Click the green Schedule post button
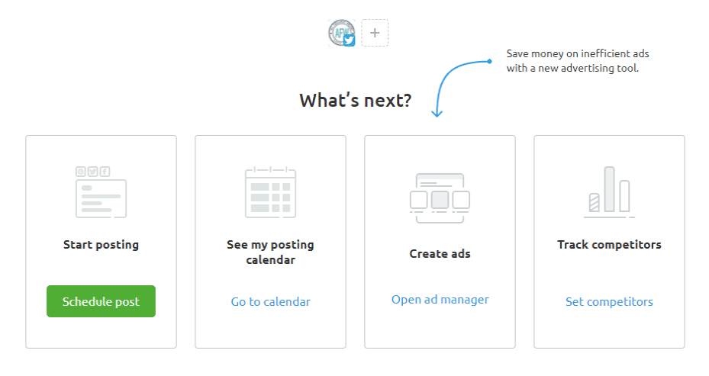click(101, 301)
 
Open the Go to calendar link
click(270, 302)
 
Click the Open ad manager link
click(440, 300)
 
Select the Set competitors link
click(609, 302)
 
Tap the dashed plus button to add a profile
click(375, 33)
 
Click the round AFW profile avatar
click(340, 32)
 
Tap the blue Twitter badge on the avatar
click(349, 40)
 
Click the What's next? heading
click(356, 100)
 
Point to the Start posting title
click(101, 245)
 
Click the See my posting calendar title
click(270, 252)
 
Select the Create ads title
click(440, 253)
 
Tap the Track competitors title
click(609, 245)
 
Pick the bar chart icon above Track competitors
click(609, 192)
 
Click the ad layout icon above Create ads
click(440, 198)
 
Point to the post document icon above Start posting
click(101, 192)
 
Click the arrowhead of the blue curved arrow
click(437, 114)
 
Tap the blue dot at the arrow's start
click(489, 61)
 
